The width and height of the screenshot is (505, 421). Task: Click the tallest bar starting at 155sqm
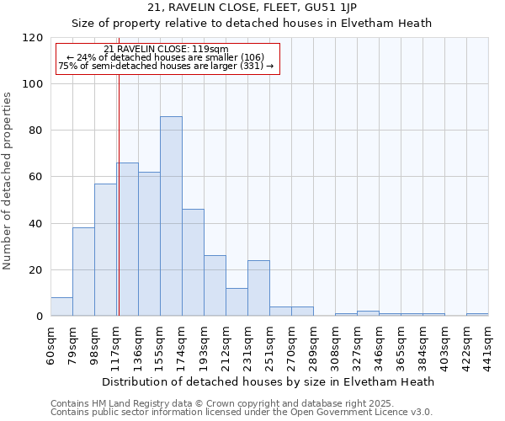point(171,216)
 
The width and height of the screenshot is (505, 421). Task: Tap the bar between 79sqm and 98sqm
point(83,272)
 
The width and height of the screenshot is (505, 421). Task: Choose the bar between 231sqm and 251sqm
point(258,289)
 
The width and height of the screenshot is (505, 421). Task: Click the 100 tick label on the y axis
point(33,84)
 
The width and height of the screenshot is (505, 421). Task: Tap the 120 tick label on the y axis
point(33,38)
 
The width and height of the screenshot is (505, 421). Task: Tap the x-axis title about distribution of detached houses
point(269,381)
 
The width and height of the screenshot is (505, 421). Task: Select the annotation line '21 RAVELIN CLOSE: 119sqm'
point(166,50)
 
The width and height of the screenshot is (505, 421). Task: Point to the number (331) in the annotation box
point(251,66)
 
